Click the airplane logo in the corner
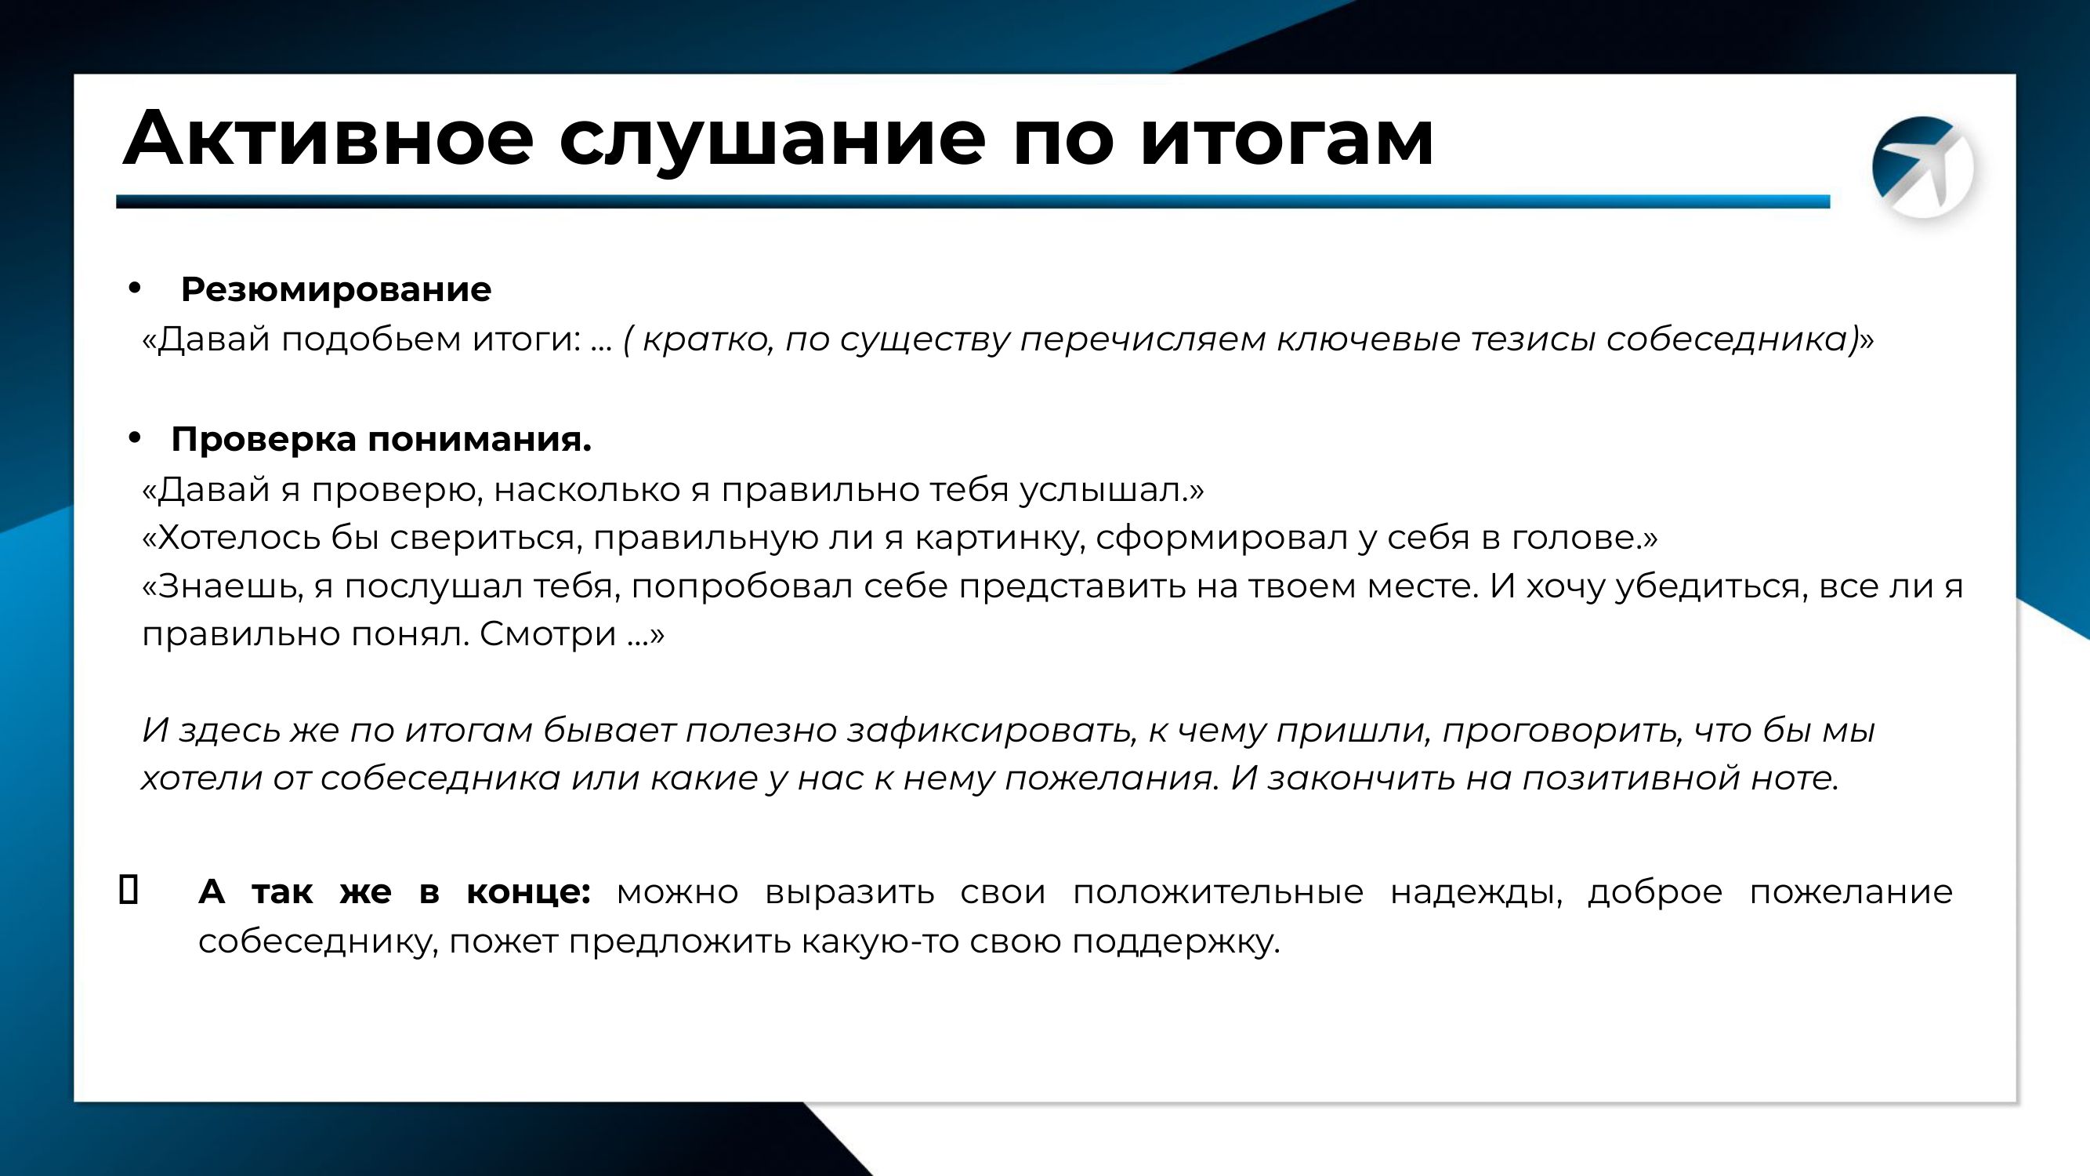[x=1922, y=167]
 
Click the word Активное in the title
[x=328, y=137]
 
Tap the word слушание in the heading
[x=773, y=140]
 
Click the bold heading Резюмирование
[x=336, y=290]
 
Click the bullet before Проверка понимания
[x=135, y=437]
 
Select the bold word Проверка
[x=263, y=440]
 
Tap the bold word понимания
[x=480, y=440]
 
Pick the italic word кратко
[x=708, y=339]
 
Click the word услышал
[x=1104, y=489]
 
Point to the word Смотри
[x=549, y=633]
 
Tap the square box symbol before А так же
[x=129, y=889]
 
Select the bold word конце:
[x=528, y=892]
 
